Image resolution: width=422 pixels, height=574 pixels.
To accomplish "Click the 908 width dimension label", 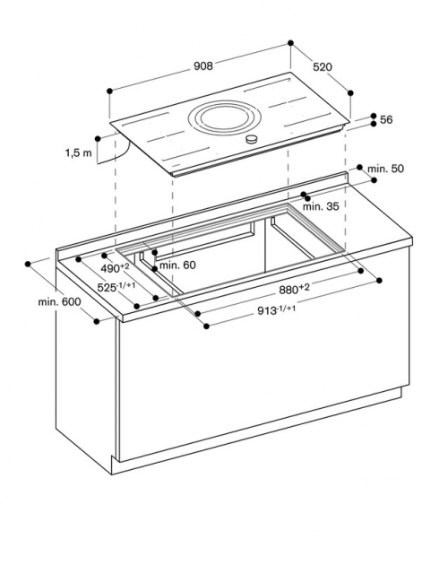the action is pos(203,65).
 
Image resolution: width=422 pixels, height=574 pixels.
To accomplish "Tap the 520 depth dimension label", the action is pos(323,67).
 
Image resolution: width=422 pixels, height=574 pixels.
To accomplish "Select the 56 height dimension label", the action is pos(386,119).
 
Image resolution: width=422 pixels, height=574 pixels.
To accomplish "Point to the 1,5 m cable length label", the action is pos(79,152).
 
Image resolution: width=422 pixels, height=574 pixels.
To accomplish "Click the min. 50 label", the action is pos(385,169).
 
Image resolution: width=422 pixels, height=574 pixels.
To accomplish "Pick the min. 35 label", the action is pos(321,206).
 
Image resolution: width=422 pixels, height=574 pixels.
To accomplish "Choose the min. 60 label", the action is pos(177,265).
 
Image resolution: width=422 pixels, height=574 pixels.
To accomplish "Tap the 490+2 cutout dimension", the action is pos(115,268).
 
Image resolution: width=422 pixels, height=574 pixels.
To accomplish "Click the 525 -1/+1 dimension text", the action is pos(116,287).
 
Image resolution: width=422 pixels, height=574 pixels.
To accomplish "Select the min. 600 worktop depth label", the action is pos(60,302).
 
